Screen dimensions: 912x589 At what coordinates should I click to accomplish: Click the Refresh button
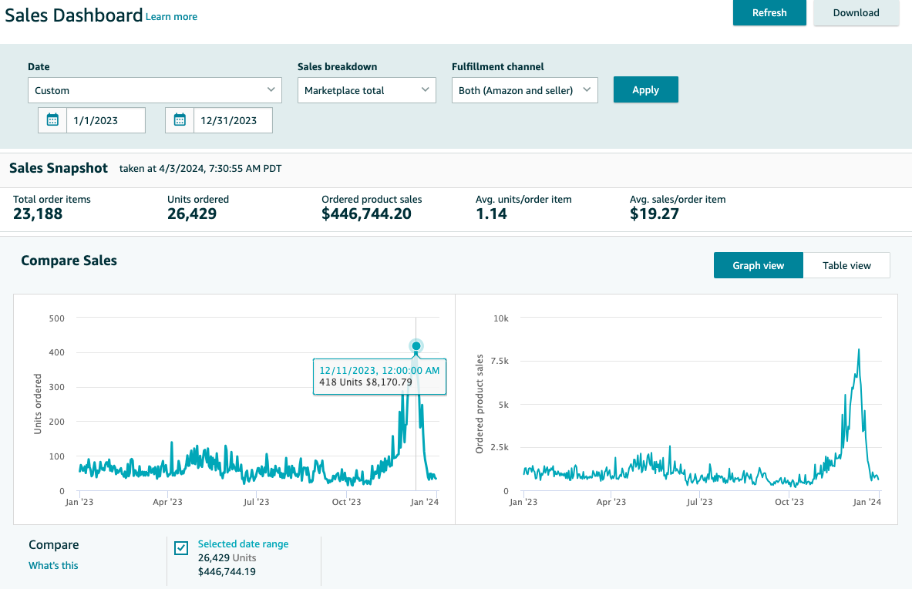click(x=769, y=12)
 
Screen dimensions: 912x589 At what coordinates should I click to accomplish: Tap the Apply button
click(x=645, y=89)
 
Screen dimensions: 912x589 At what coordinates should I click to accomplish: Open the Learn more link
click(x=171, y=17)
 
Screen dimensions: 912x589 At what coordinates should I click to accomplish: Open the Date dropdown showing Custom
click(x=155, y=90)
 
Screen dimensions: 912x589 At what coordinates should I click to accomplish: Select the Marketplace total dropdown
click(x=366, y=90)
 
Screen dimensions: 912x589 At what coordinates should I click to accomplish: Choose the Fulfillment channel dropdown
click(x=525, y=90)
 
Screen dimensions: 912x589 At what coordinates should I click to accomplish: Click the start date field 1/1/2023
click(x=106, y=120)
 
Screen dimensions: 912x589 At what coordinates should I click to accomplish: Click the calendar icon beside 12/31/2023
click(x=180, y=120)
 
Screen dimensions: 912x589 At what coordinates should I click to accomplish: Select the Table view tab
click(x=846, y=265)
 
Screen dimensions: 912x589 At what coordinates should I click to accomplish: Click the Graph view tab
click(x=759, y=265)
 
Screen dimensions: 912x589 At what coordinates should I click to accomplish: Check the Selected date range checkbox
click(x=181, y=547)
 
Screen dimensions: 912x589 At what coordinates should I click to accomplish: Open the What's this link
click(x=53, y=565)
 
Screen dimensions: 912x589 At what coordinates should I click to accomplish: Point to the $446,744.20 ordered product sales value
click(x=366, y=214)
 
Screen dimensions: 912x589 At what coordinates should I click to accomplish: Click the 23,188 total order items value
click(x=38, y=214)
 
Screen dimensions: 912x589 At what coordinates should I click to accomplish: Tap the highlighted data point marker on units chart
click(x=416, y=346)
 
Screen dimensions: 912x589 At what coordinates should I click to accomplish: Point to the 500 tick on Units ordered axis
click(x=57, y=318)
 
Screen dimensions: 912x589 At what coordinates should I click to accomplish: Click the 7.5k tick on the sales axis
click(x=500, y=361)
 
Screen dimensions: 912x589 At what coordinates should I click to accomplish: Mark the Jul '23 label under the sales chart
click(x=699, y=502)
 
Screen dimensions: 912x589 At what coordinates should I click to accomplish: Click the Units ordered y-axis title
click(x=38, y=404)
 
